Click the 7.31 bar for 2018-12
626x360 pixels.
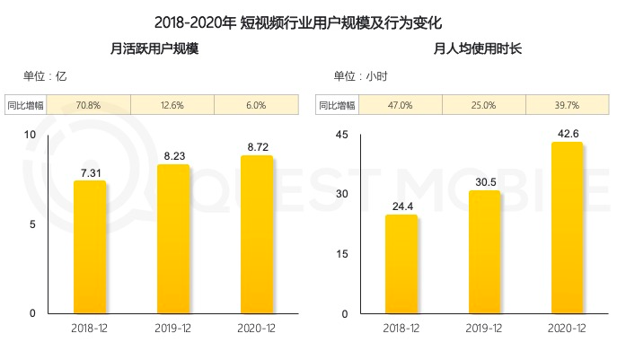tap(90, 247)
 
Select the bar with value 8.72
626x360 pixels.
tap(257, 234)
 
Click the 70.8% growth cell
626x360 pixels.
tap(89, 105)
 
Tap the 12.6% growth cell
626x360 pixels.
tap(172, 105)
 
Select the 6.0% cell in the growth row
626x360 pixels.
tap(256, 105)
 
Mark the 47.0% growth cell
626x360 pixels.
tap(401, 105)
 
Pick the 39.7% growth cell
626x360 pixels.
tap(567, 105)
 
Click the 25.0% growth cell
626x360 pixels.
tap(484, 105)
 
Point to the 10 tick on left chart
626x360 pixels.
tap(29, 135)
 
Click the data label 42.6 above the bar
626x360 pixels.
tap(567, 132)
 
